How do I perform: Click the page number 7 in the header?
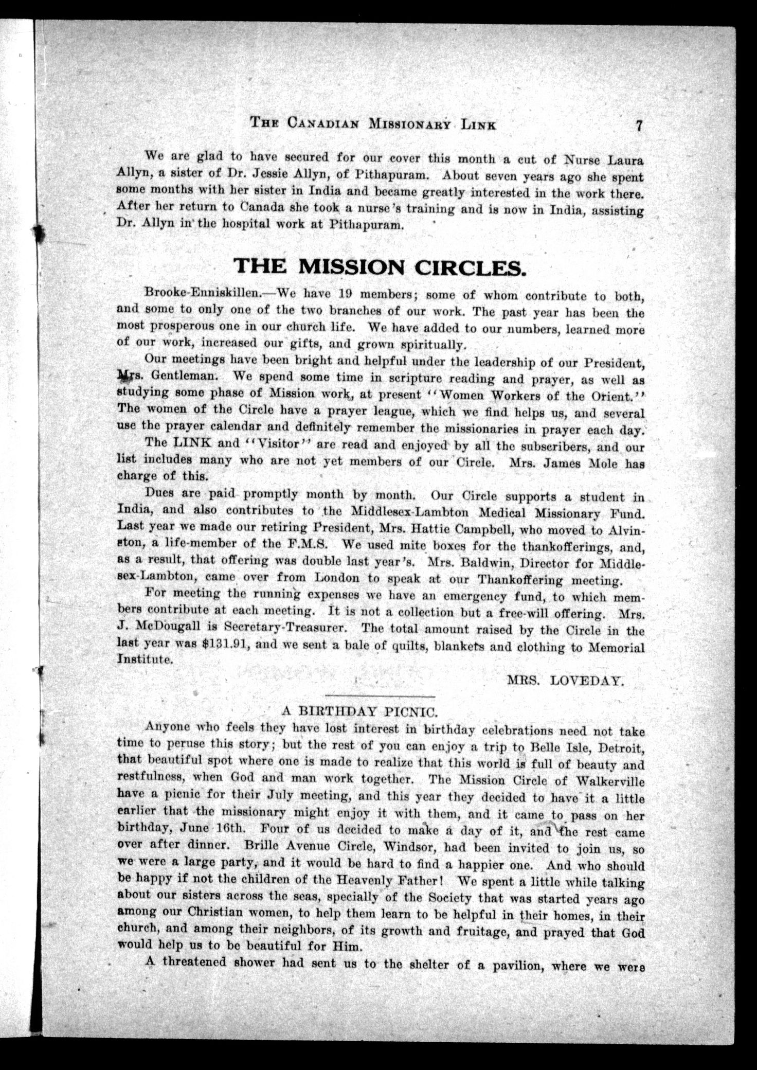tap(639, 126)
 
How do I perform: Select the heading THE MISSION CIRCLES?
tap(380, 266)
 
